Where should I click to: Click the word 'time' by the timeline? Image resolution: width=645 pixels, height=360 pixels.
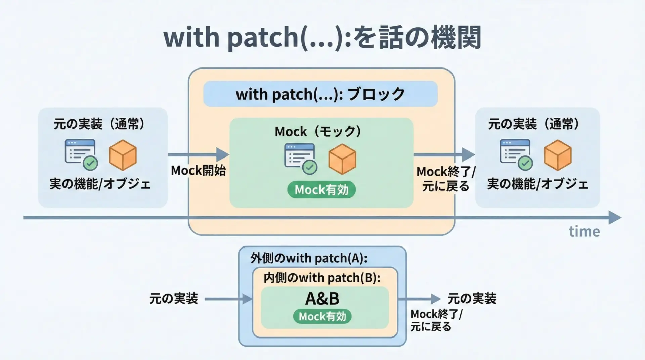point(584,232)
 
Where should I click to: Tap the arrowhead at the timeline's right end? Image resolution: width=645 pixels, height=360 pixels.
point(615,218)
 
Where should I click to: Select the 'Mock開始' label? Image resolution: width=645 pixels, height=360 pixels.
point(198,171)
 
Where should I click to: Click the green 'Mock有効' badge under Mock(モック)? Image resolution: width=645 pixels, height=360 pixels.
point(321,190)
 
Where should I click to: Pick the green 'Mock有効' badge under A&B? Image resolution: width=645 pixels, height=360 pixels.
point(322,316)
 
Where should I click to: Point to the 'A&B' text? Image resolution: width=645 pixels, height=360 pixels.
point(322,299)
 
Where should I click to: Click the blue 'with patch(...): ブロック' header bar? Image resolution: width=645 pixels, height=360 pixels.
point(320,94)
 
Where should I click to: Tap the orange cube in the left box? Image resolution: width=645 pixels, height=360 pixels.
point(123,155)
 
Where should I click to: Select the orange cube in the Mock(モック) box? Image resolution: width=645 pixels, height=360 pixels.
point(342,159)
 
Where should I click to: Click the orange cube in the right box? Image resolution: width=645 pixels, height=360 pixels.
point(557,155)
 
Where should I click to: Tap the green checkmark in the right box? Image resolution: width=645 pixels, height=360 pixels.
point(525,164)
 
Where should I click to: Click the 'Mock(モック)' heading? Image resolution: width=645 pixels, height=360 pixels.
point(318,131)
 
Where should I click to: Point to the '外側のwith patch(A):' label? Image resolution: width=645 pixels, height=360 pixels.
point(309,258)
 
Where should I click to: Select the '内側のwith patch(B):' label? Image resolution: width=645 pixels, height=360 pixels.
point(322,278)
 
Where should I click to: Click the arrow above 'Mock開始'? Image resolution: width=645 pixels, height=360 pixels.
point(198,155)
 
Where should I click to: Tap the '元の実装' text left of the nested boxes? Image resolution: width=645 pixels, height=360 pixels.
point(173,298)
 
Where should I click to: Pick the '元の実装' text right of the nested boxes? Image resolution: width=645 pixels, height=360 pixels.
point(472,298)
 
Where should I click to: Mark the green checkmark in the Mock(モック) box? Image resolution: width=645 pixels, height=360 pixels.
point(310,167)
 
